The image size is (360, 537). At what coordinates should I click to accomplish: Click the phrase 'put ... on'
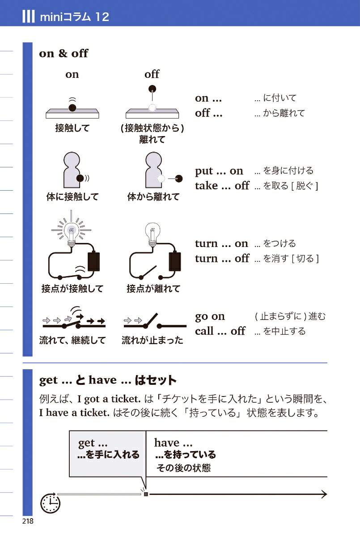pyautogui.click(x=219, y=171)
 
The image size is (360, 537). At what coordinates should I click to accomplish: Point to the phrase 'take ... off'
pyautogui.click(x=222, y=186)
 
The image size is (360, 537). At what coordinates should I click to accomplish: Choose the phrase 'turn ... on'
pyautogui.click(x=221, y=243)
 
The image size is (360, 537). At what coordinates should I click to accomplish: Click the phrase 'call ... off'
pyautogui.click(x=220, y=331)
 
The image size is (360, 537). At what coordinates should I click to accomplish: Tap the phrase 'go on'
pyautogui.click(x=210, y=316)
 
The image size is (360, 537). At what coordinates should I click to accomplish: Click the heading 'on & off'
pyautogui.click(x=64, y=53)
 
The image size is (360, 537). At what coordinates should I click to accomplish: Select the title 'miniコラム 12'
pyautogui.click(x=74, y=17)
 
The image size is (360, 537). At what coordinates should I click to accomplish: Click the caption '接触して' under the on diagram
pyautogui.click(x=72, y=128)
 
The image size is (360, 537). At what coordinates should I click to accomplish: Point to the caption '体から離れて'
pyautogui.click(x=153, y=196)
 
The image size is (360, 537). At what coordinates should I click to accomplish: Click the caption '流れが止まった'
pyautogui.click(x=152, y=341)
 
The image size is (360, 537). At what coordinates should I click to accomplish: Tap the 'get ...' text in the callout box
pyautogui.click(x=93, y=443)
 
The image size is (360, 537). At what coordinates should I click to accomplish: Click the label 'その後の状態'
pyautogui.click(x=183, y=468)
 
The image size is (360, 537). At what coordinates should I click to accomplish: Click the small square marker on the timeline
pyautogui.click(x=145, y=494)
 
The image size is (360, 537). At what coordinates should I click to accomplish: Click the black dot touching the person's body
pyautogui.click(x=80, y=178)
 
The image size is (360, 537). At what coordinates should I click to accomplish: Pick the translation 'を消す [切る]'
pyautogui.click(x=286, y=258)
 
